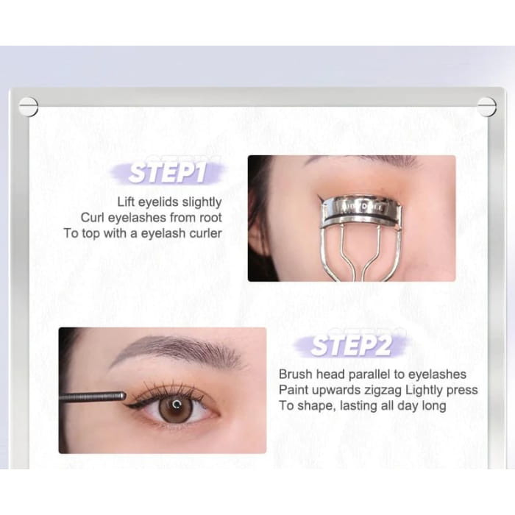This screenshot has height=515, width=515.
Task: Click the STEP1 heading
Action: point(168,172)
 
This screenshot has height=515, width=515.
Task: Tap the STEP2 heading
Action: point(351,346)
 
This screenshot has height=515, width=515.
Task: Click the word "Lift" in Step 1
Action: point(126,202)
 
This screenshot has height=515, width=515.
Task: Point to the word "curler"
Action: point(205,233)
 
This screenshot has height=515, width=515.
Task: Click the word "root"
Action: point(210,218)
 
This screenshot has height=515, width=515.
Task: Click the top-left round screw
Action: point(28,107)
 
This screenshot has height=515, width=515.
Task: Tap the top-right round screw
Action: point(486,107)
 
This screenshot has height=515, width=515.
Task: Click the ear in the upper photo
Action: point(257,230)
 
